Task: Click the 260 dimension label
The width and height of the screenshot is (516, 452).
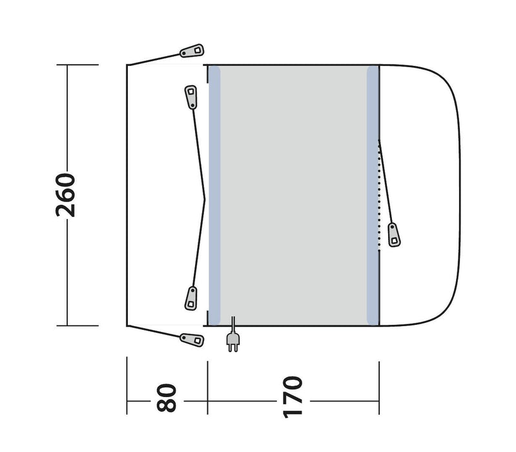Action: point(67,195)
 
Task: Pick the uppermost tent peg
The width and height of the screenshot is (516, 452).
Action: point(192,50)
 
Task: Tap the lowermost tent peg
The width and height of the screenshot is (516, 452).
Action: point(191,338)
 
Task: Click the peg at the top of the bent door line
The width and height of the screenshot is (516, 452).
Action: point(191,96)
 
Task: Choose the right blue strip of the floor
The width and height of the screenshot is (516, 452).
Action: point(372,195)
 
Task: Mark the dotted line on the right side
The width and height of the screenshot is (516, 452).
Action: point(379,194)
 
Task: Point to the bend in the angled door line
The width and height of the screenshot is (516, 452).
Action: point(205,196)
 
